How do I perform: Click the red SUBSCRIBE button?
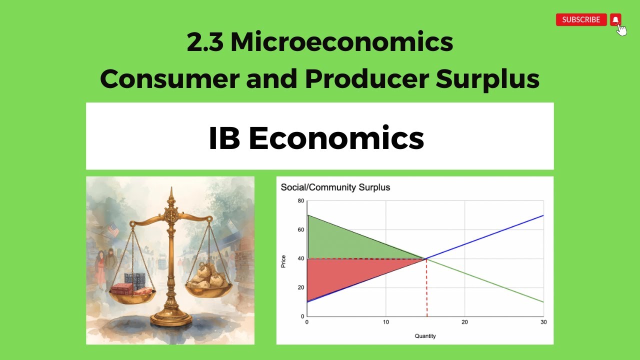pyautogui.click(x=581, y=20)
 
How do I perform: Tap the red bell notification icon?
pyautogui.click(x=615, y=19)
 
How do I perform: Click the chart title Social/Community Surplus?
pyautogui.click(x=335, y=187)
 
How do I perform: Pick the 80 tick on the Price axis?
pyautogui.click(x=300, y=201)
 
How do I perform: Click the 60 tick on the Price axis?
pyautogui.click(x=300, y=230)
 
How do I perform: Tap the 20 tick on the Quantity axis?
pyautogui.click(x=464, y=322)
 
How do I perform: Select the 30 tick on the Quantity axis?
pyautogui.click(x=543, y=322)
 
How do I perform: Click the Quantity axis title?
pyautogui.click(x=425, y=336)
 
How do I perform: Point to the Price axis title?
pyautogui.click(x=283, y=261)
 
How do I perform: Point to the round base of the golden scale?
pyautogui.click(x=171, y=319)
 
